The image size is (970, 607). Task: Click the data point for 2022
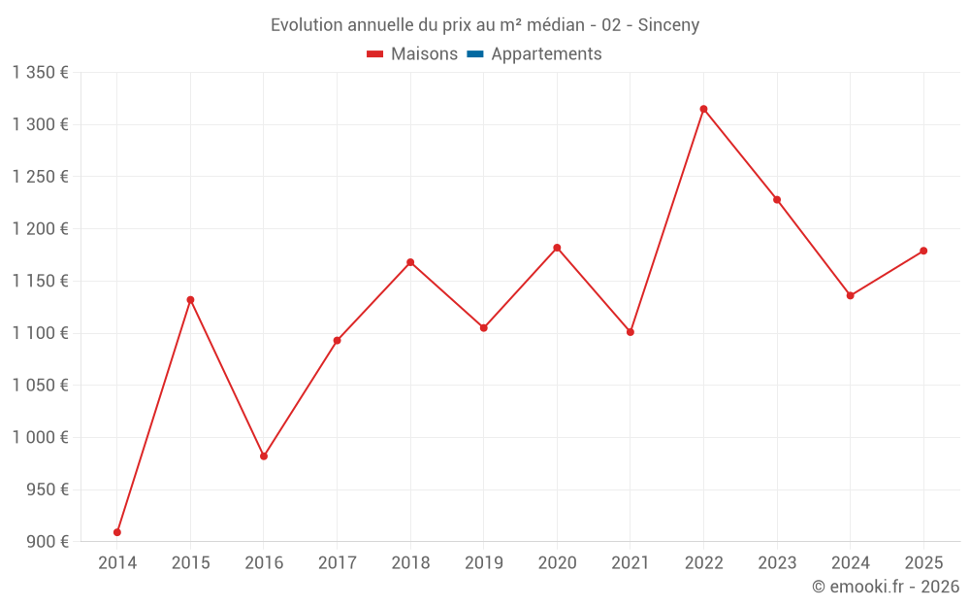pos(703,109)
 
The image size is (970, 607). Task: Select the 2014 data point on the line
pos(117,532)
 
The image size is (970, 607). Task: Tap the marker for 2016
pos(264,455)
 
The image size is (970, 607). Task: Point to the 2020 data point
pos(557,248)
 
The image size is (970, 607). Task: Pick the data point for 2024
pos(850,295)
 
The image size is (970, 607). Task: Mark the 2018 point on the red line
pos(410,262)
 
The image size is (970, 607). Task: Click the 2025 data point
pos(923,251)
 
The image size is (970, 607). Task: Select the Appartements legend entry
pos(546,54)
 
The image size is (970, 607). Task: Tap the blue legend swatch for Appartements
pos(475,54)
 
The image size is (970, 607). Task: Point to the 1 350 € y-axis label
pos(40,73)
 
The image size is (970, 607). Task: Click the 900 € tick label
pos(48,542)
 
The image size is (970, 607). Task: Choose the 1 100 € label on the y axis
pos(40,333)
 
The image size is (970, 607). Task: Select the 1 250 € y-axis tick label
pos(40,177)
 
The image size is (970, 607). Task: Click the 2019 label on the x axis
pos(484,563)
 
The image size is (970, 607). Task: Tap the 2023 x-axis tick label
pos(777,563)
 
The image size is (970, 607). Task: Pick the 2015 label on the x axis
pos(190,563)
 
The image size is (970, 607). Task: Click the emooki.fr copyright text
pos(886,587)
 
